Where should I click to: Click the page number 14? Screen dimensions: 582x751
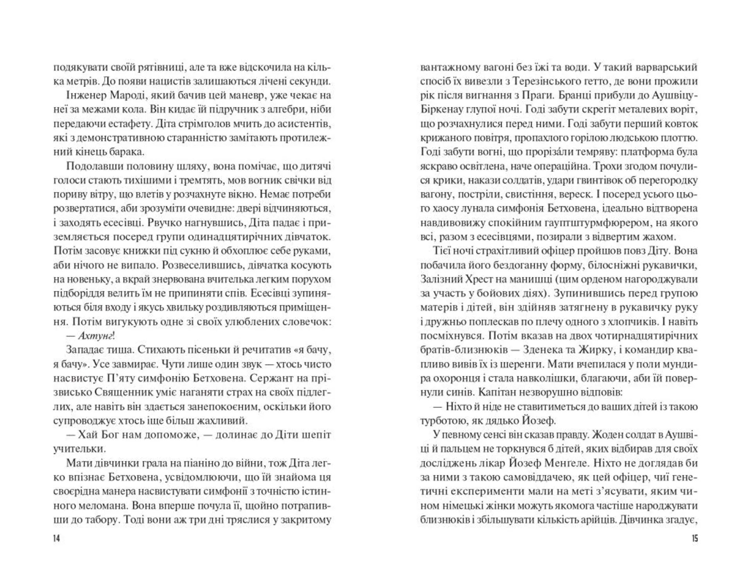click(x=57, y=539)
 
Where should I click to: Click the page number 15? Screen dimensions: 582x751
click(x=694, y=539)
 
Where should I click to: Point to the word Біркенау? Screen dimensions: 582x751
click(x=439, y=109)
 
